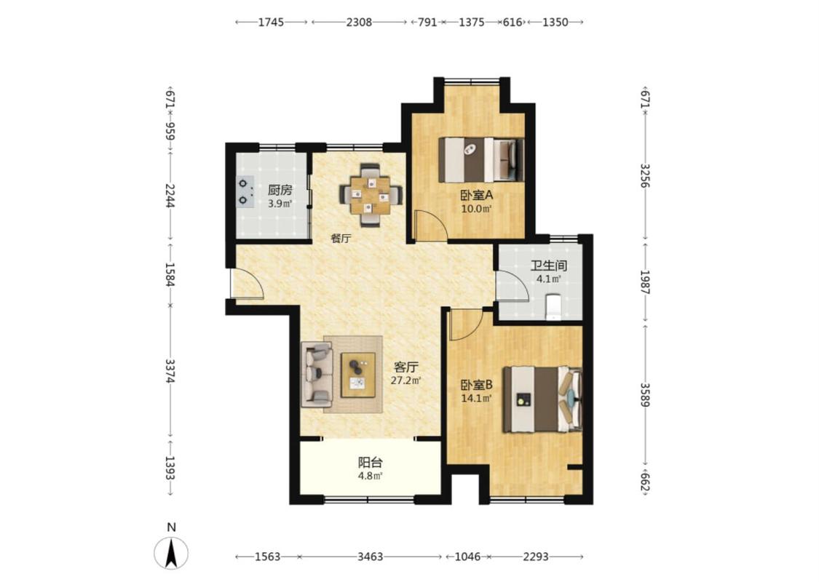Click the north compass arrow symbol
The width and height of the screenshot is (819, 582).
click(x=171, y=553)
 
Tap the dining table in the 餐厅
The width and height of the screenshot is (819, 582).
click(x=371, y=195)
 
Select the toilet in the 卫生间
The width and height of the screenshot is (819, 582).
click(x=553, y=306)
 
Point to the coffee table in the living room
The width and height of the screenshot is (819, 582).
click(x=357, y=375)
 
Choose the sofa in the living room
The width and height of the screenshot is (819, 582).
click(x=317, y=374)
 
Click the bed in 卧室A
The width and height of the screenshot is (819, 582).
click(x=481, y=159)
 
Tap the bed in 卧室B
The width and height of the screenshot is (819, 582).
click(x=542, y=399)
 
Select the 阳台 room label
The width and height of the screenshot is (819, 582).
click(x=371, y=463)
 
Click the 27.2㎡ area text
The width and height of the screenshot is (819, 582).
click(x=405, y=380)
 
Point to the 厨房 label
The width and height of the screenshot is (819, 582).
click(x=280, y=190)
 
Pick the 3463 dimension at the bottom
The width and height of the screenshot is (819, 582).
click(x=371, y=557)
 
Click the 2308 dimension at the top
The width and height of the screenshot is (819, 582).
click(x=360, y=22)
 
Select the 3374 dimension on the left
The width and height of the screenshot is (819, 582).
click(x=170, y=370)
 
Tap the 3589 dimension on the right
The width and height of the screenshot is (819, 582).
click(x=646, y=394)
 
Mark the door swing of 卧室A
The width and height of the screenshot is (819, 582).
click(x=430, y=226)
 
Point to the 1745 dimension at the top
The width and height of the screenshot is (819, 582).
click(x=271, y=22)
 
